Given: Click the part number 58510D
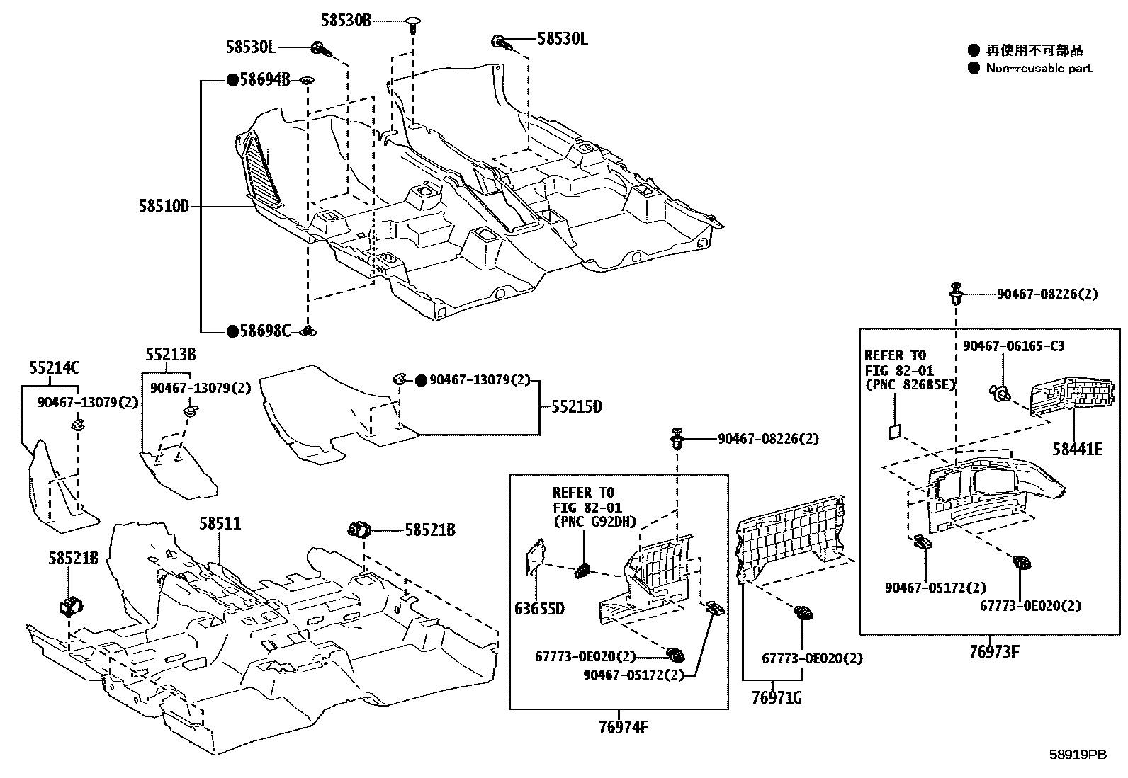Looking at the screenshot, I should coord(164,207).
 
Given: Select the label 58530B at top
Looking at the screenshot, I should coord(346,21).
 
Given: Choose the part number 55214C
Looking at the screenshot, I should coord(55,368).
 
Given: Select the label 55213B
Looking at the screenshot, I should coord(171,354).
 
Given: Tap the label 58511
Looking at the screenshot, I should coord(220,524).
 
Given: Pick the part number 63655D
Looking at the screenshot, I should coord(539,608).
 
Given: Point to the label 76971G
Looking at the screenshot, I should coord(777,698).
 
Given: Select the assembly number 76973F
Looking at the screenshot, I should coord(993,652).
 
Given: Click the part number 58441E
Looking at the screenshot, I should coord(1077,449).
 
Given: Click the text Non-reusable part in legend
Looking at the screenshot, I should coord(1039,69).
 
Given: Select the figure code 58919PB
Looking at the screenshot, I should coord(1078,755).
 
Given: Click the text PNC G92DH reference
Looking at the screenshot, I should coord(594,522).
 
